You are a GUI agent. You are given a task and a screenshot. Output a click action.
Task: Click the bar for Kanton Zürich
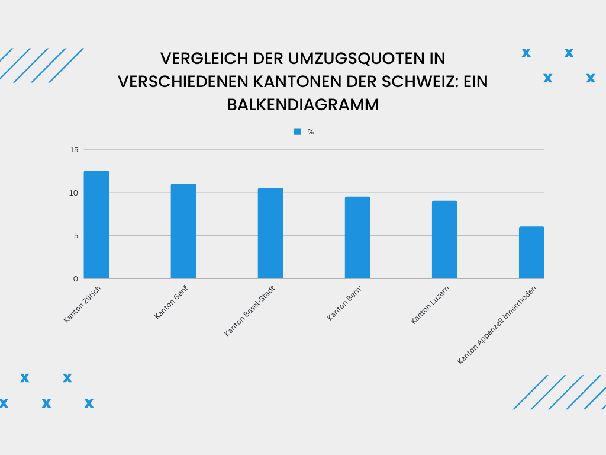point(96,225)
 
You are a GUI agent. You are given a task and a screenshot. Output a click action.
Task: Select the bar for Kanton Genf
point(183,231)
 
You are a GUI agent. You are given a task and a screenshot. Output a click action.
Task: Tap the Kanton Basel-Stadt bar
point(270,233)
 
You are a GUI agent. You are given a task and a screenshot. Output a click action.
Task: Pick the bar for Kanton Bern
point(357,238)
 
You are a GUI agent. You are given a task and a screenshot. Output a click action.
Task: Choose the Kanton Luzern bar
point(444,240)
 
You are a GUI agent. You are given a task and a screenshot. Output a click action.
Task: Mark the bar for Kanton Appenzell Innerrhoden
point(531,253)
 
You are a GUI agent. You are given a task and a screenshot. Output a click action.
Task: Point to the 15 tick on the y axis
point(74,150)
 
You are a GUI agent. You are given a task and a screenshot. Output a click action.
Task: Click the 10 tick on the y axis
point(74,193)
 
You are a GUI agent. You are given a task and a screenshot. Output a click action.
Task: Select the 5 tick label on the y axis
point(76,236)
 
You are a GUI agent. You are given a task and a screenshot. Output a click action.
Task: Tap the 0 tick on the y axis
point(76,278)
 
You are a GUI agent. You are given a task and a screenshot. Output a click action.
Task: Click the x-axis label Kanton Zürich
point(82,304)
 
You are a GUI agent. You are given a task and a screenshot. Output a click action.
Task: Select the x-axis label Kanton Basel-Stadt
point(250,311)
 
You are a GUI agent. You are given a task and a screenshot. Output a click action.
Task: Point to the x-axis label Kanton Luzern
point(430,305)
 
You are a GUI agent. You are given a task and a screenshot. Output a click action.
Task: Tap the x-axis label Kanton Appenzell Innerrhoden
point(501,326)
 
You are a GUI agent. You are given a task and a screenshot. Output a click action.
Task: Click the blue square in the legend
point(298,132)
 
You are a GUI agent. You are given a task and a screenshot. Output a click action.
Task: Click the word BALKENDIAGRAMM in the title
point(303,104)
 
